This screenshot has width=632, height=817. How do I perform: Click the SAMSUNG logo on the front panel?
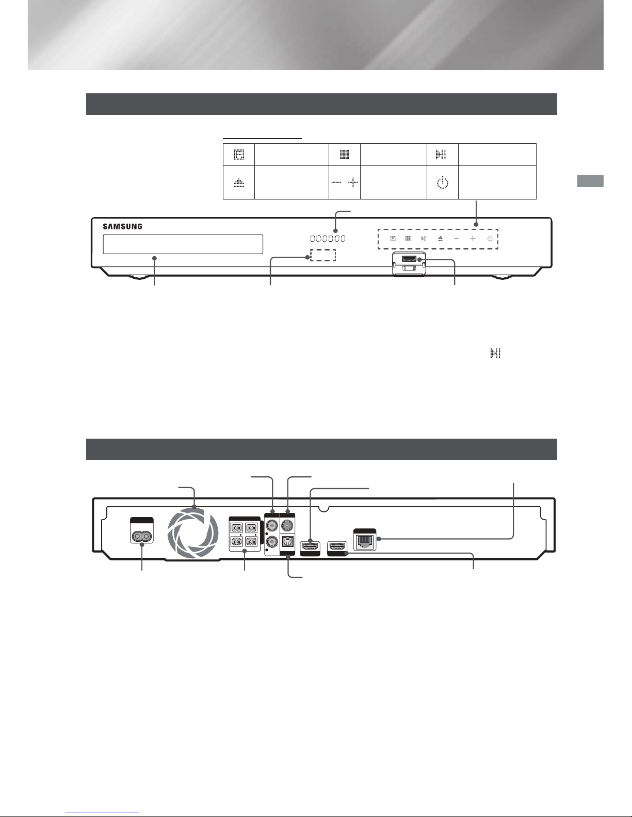(123, 226)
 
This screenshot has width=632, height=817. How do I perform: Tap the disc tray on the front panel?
(183, 244)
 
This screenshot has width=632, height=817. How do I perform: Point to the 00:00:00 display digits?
(328, 238)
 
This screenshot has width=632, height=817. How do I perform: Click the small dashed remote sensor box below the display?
(323, 255)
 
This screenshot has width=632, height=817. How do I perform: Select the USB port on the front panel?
(409, 259)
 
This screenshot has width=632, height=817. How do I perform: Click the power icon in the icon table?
(443, 182)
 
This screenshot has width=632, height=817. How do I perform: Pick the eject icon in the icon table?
(239, 182)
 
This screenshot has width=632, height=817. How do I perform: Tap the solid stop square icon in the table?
(345, 155)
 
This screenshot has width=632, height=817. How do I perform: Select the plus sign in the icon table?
(353, 182)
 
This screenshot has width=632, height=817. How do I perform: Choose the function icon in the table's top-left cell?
(239, 155)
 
